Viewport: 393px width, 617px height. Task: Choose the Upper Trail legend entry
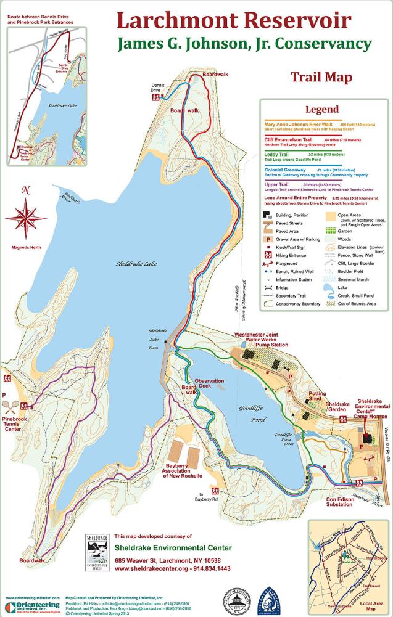277,184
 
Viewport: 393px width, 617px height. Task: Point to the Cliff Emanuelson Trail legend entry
292,140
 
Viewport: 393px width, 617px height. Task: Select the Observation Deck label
212,384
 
